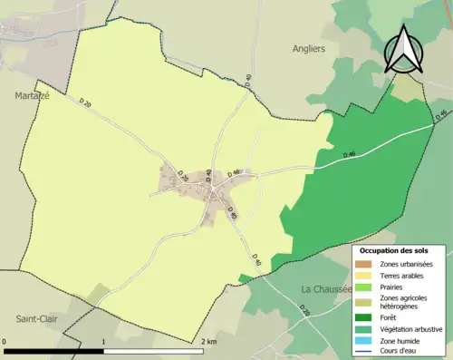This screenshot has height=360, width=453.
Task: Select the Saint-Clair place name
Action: [34, 318]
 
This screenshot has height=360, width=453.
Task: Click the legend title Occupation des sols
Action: [400, 249]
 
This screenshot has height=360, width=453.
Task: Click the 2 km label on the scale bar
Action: [208, 342]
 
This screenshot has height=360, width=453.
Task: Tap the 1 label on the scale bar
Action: [104, 342]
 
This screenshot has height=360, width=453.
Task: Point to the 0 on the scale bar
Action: [5, 342]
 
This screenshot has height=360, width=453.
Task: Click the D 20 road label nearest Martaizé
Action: [86, 106]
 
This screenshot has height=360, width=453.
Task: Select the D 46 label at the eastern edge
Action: [440, 114]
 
